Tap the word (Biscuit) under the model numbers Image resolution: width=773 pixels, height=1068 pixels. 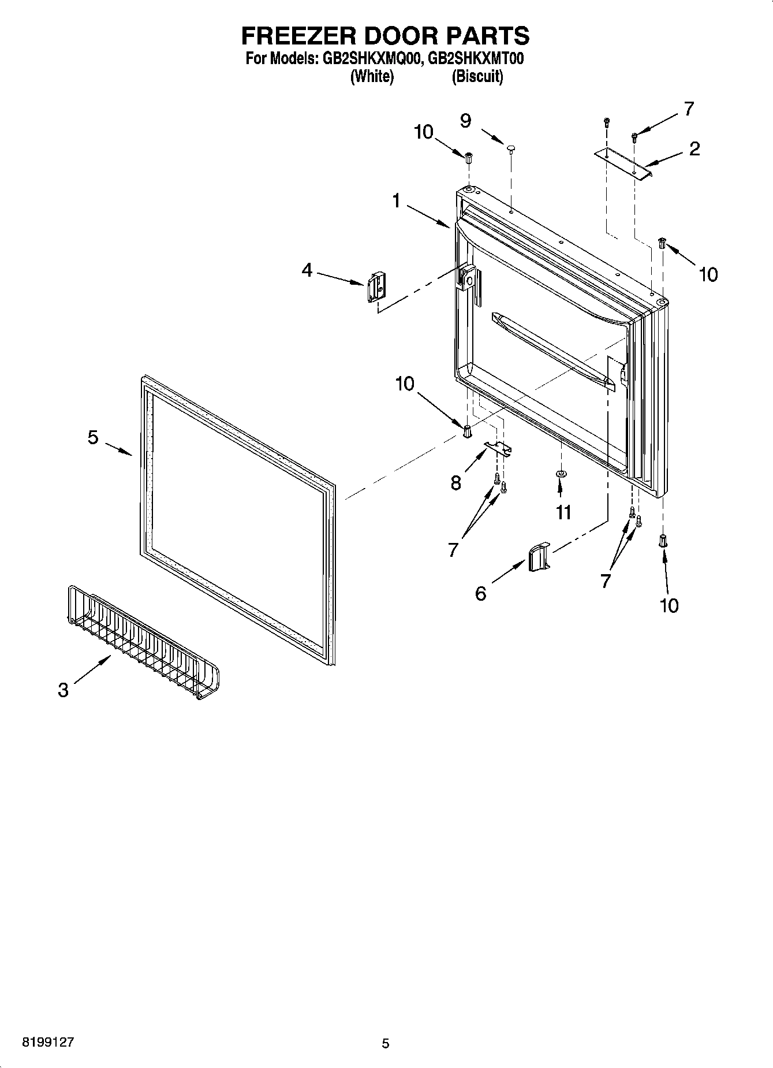click(x=477, y=77)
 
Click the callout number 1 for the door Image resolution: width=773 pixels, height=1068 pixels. click(x=396, y=201)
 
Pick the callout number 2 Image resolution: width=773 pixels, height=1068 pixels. click(x=694, y=148)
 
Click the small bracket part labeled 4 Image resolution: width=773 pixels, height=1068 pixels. click(x=375, y=286)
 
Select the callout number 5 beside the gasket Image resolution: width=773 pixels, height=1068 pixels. click(x=93, y=437)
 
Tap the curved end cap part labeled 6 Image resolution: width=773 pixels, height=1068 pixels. click(x=539, y=557)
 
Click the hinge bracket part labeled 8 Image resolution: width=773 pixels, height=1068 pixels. click(x=498, y=448)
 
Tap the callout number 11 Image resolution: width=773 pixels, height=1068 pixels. click(x=563, y=512)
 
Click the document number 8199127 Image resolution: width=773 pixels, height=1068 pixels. click(x=48, y=1043)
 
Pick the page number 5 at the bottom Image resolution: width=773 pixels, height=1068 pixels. click(x=386, y=1044)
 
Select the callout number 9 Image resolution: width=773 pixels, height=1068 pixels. click(x=465, y=120)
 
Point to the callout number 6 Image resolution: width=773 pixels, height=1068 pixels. click(x=481, y=593)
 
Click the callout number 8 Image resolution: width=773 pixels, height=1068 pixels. click(x=456, y=483)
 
